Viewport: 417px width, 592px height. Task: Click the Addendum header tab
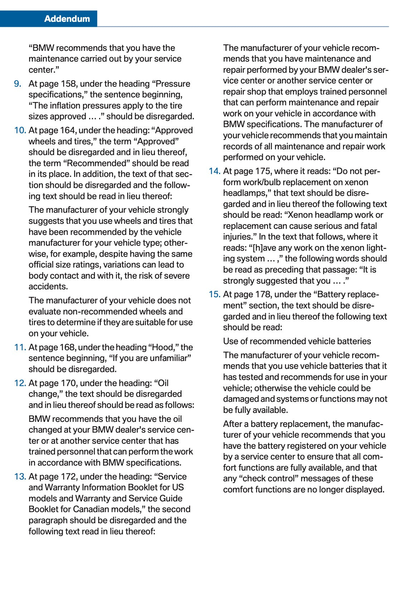pos(67,19)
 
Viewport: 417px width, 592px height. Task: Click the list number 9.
pos(18,84)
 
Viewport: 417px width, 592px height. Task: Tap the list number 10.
pos(20,130)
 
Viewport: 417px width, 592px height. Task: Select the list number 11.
pos(20,347)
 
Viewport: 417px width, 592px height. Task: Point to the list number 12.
pos(20,383)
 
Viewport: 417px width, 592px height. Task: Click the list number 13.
pos(20,477)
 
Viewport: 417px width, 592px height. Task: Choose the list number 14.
pos(214,171)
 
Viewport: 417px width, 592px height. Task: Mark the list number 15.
pos(214,294)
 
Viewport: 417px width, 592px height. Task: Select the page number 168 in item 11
pos(67,347)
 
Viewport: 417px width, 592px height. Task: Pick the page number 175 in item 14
pos(263,171)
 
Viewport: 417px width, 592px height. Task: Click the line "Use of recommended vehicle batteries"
pos(297,341)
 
